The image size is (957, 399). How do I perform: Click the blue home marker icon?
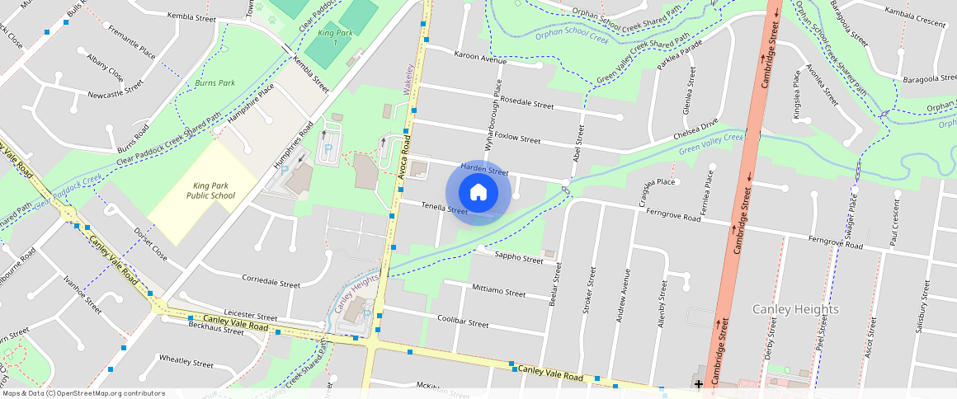tap(478, 193)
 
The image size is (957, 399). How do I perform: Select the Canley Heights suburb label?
tap(795, 309)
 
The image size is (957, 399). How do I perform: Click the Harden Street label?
tap(484, 169)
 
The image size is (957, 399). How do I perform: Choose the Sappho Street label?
tap(519, 258)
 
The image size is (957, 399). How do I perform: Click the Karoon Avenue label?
tap(479, 59)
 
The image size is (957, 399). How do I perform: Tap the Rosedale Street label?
tap(526, 104)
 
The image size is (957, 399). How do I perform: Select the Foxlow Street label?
tap(516, 139)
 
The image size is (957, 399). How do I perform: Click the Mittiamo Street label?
tap(498, 292)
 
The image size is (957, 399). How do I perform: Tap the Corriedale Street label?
tap(271, 282)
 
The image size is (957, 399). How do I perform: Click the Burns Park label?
tap(215, 83)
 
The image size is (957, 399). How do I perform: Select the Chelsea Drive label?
tap(696, 131)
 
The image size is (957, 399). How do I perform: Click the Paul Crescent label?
tap(893, 227)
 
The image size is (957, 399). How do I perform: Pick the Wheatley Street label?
tap(186, 361)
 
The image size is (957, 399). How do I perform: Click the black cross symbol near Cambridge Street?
tap(699, 383)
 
